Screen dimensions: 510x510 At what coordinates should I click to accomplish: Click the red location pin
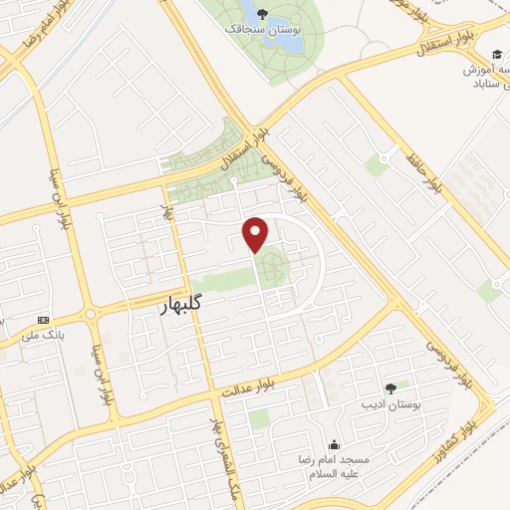[256, 234]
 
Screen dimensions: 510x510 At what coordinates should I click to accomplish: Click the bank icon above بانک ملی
[43, 320]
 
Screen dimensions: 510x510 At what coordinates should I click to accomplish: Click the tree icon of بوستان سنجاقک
[263, 14]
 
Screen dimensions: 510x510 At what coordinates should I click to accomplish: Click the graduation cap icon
[495, 53]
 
